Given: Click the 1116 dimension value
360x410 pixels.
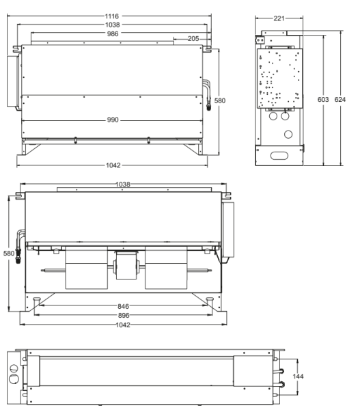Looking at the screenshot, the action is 112,16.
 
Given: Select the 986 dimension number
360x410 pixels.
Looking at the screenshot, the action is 113,33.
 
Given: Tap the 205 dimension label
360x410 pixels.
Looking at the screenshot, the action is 193,39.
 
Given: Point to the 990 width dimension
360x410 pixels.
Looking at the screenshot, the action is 113,120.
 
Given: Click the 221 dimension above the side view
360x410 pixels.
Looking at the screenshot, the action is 279,18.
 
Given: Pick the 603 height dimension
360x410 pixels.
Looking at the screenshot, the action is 323,100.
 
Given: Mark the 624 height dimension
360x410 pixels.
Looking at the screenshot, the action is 340,100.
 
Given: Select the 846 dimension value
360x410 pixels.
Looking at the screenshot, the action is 123,306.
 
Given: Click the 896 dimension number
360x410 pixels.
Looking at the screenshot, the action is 124,315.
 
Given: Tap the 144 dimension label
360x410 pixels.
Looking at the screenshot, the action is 298,377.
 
